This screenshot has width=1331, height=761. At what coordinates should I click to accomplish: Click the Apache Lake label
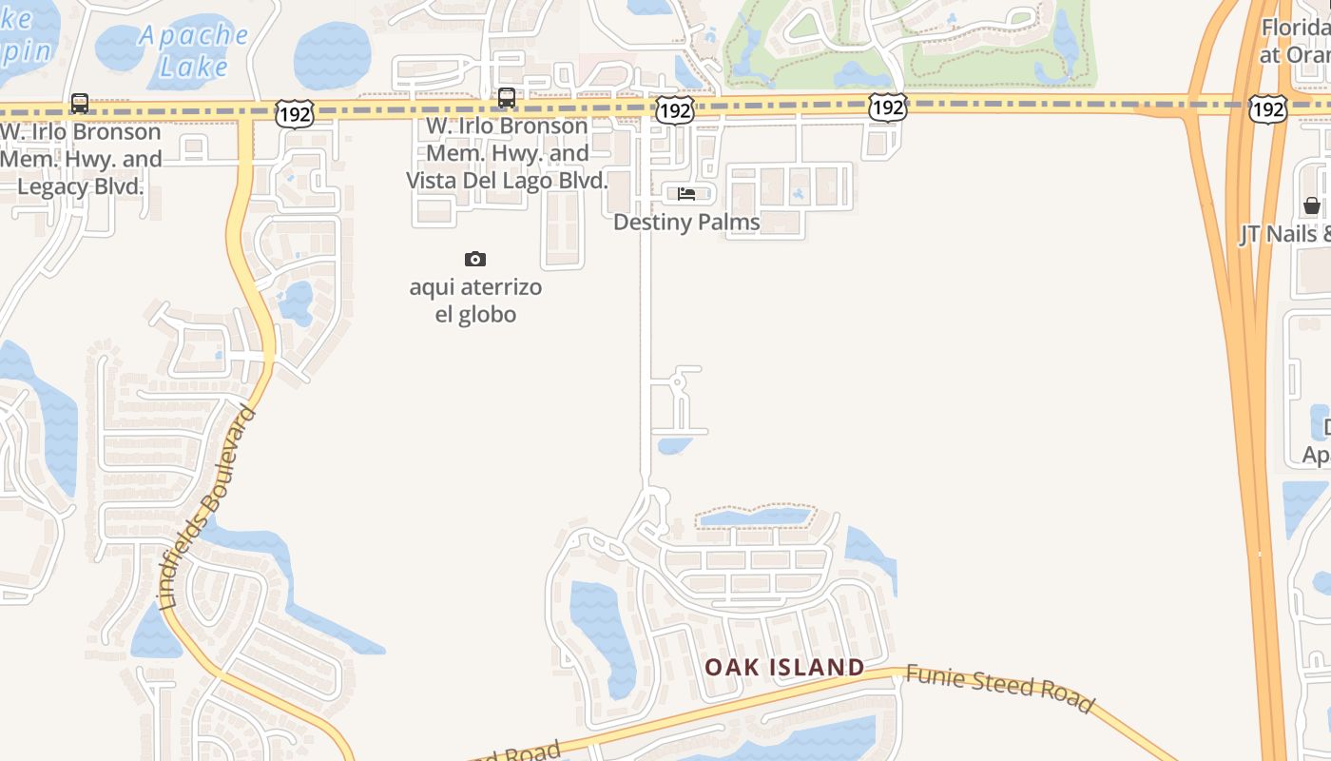coord(193,50)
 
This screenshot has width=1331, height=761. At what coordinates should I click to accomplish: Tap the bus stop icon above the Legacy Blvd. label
coord(80,103)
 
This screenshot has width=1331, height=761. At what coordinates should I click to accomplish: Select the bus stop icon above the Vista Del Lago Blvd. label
coord(507,97)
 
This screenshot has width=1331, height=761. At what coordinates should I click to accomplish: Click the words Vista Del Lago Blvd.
coord(507,181)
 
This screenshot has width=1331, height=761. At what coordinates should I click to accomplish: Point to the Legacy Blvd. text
coord(81,185)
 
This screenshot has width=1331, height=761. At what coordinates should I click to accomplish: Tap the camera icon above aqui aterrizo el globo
coord(475,259)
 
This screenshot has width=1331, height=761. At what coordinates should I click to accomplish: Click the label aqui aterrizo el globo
coord(475,301)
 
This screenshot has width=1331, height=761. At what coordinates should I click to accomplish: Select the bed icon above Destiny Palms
coord(686,194)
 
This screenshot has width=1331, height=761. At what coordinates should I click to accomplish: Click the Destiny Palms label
coord(686,223)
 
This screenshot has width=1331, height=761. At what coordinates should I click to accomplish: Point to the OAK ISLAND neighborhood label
coord(784,667)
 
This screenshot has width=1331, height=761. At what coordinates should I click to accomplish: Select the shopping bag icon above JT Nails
coord(1312,205)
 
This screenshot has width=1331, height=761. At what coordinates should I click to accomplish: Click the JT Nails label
coord(1283,234)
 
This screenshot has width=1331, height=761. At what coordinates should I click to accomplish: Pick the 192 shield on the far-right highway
coord(1268,109)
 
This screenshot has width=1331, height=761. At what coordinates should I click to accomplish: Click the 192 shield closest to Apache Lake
coord(295,115)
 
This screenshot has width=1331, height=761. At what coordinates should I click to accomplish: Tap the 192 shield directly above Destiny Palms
coord(675,110)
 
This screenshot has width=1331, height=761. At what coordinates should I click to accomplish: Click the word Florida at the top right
coord(1295,29)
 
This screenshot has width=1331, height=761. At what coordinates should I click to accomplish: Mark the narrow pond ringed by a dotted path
coord(754,517)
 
